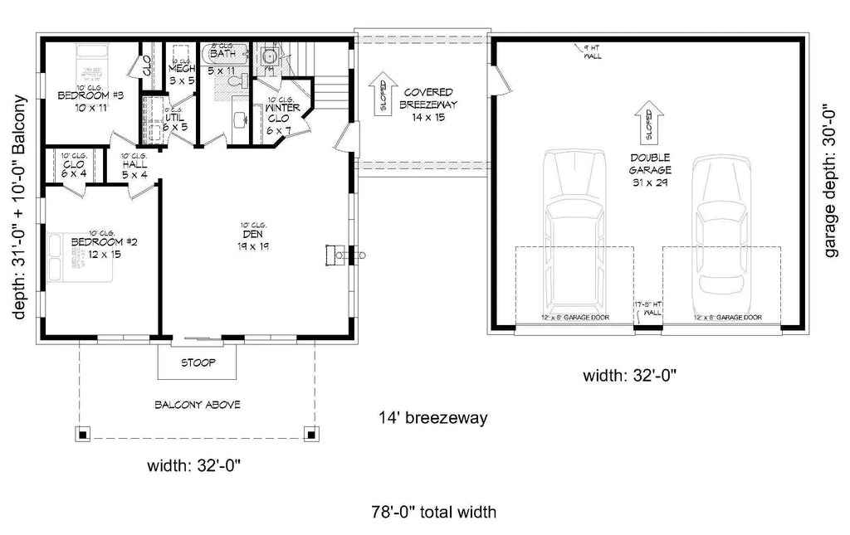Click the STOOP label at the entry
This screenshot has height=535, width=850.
coord(197,362)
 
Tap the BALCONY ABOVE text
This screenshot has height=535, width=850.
coord(197,405)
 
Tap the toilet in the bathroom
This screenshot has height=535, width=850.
coord(267,56)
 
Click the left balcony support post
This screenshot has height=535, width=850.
coord(83,433)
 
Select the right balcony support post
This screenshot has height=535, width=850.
coord(310,433)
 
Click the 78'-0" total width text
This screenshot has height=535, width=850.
coord(434,512)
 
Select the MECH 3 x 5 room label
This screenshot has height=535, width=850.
coord(181,74)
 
